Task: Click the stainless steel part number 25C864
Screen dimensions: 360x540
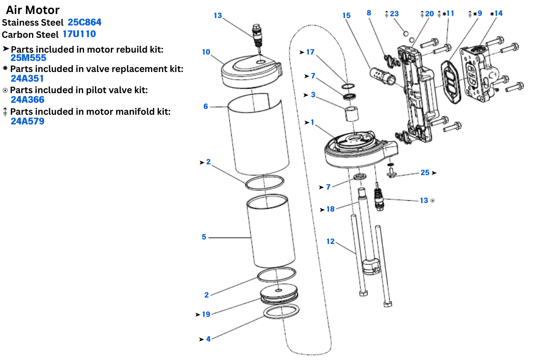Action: tap(85, 22)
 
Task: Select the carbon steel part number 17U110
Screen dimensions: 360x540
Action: tap(79, 34)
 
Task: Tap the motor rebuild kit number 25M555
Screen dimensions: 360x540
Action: tap(28, 58)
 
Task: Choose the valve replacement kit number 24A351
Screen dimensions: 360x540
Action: tap(27, 78)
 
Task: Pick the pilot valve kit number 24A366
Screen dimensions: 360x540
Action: tap(27, 99)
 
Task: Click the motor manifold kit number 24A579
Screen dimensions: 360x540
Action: tap(27, 121)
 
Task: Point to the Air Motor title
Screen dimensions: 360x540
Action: tap(32, 10)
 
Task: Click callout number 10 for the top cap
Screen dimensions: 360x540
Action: tap(206, 52)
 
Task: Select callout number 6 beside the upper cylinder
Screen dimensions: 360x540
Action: tap(206, 107)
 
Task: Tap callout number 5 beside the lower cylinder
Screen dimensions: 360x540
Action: tap(204, 237)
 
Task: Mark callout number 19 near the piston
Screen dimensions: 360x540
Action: tap(206, 314)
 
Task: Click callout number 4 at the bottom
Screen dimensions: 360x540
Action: tap(208, 339)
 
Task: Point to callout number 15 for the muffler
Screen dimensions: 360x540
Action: tap(346, 16)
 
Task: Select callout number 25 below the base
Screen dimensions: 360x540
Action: tap(425, 172)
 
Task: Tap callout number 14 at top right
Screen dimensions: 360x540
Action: tap(498, 13)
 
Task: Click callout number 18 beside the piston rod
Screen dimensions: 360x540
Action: tap(330, 209)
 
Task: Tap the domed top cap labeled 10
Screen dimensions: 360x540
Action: tap(251, 70)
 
